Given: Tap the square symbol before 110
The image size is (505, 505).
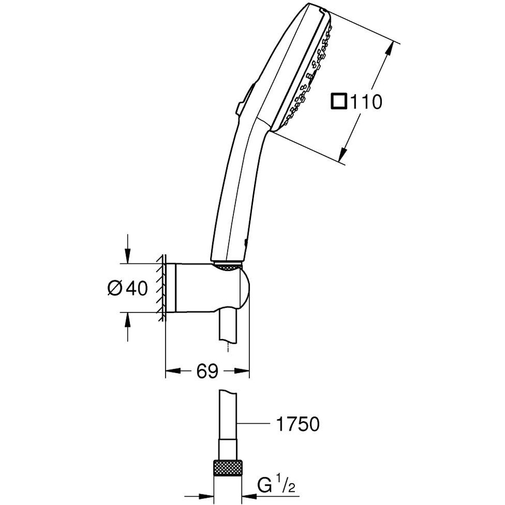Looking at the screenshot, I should (338, 102).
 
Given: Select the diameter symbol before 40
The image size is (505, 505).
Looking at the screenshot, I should (115, 288).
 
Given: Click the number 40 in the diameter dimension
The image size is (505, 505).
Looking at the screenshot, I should (136, 288).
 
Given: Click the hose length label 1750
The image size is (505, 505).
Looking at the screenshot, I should (297, 424).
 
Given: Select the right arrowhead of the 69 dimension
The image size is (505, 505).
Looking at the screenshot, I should (243, 372).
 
